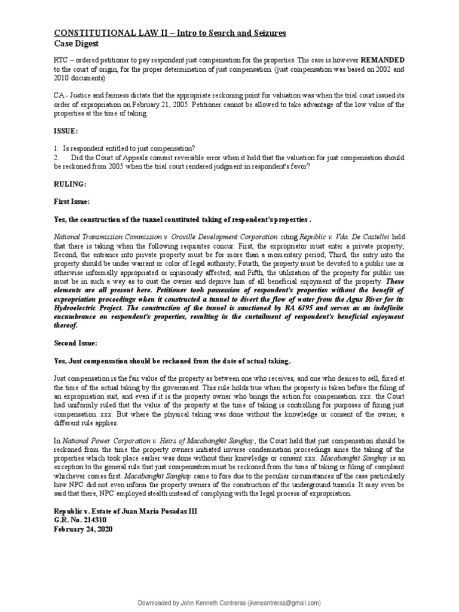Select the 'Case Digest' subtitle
click(x=77, y=44)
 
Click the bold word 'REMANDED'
click(x=379, y=61)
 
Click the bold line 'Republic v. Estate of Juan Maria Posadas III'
click(x=125, y=512)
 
